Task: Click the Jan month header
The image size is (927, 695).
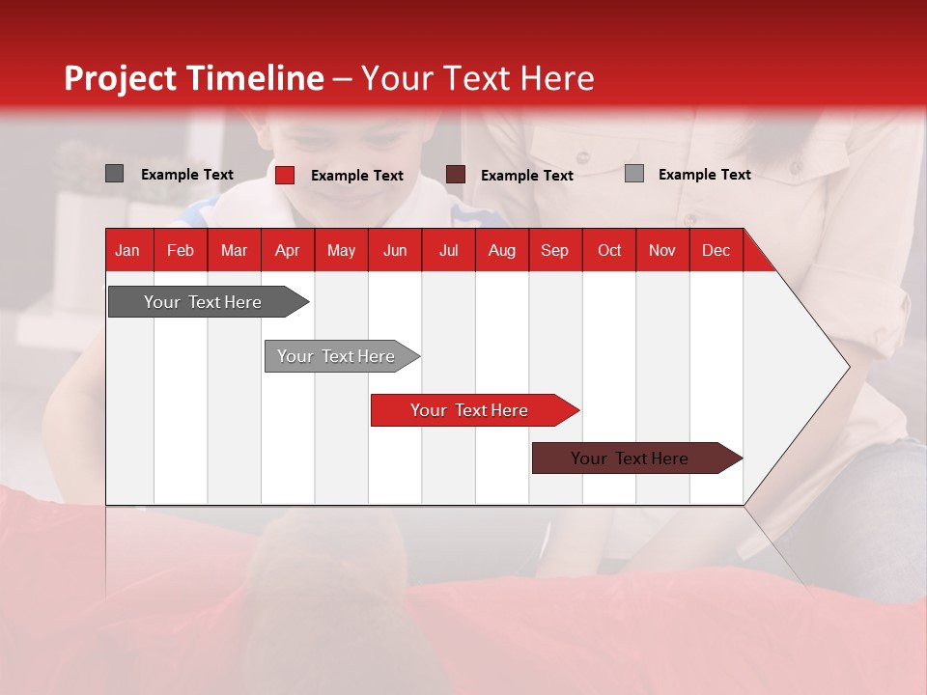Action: point(127,251)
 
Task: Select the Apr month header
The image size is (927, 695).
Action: point(288,251)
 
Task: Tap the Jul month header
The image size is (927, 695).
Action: point(449,251)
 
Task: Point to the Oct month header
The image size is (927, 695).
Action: point(609,251)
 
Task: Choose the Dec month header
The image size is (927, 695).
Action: point(716,251)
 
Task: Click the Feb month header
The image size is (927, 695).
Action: point(181,251)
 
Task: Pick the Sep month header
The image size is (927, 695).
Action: point(554,251)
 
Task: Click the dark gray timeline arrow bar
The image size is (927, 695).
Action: point(209,301)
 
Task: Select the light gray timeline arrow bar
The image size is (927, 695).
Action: point(342,356)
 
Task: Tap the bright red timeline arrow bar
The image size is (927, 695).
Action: point(475,410)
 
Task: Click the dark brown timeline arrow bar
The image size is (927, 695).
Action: point(637,458)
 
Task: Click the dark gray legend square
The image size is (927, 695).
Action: point(114,173)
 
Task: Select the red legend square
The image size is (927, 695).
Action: point(285,175)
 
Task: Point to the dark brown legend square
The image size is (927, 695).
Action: point(455,175)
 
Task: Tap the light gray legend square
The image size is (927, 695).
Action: point(634,173)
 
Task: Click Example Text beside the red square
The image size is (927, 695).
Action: point(357,176)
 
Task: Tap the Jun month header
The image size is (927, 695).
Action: point(395,251)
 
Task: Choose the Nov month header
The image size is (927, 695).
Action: point(662,251)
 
